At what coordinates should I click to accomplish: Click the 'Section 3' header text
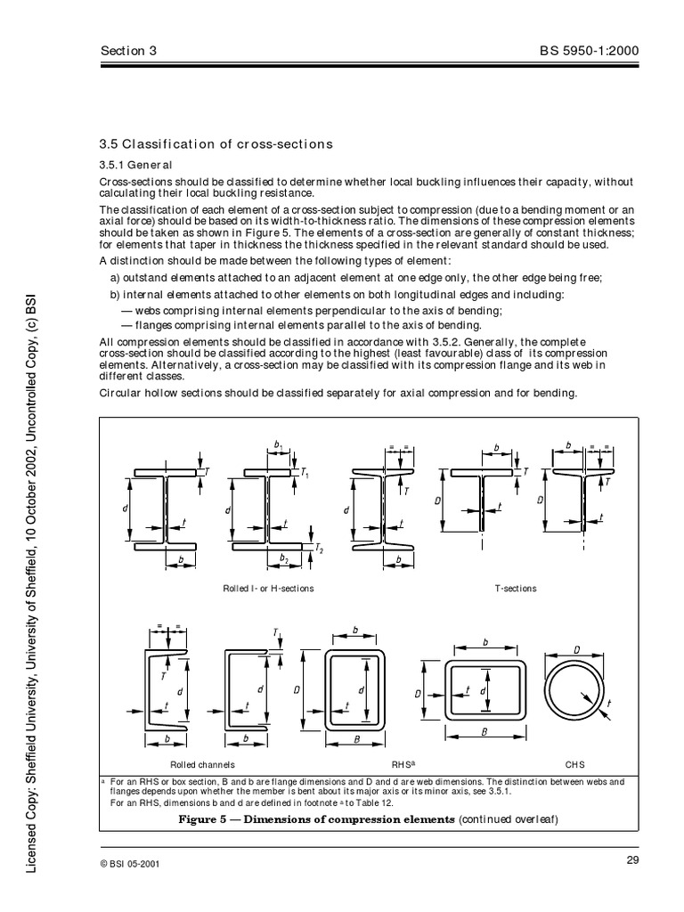tap(127, 51)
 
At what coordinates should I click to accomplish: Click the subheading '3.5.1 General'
tap(135, 165)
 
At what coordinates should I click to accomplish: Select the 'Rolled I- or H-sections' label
tap(268, 589)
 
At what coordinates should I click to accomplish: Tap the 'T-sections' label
tap(515, 589)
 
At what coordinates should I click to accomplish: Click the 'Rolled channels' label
tap(202, 764)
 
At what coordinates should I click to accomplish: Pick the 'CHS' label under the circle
tap(574, 764)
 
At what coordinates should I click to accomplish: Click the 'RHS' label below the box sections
tap(400, 764)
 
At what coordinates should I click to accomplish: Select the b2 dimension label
tap(284, 558)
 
